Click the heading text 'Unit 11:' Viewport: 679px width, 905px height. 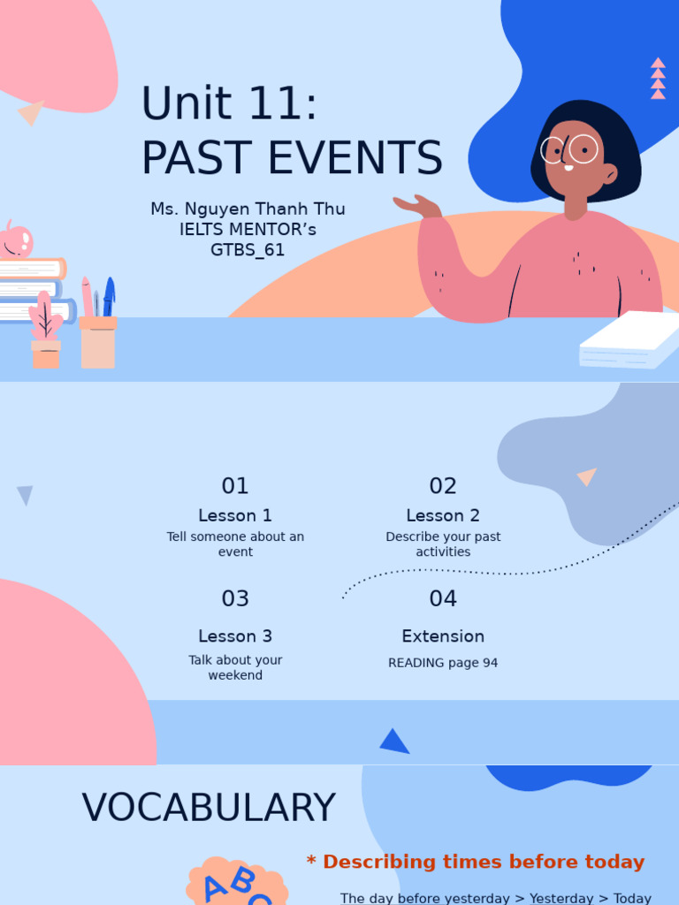[229, 104]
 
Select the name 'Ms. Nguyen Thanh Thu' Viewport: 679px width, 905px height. [248, 209]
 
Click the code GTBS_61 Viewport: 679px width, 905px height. [248, 250]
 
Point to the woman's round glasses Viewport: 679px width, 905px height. [570, 149]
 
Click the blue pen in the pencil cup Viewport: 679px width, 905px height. [109, 296]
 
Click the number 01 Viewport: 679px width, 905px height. [235, 486]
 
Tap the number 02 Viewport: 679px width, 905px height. [443, 486]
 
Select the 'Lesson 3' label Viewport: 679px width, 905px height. [235, 636]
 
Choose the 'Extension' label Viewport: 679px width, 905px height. [443, 636]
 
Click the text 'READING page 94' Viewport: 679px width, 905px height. [443, 663]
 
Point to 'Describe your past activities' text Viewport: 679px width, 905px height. [443, 544]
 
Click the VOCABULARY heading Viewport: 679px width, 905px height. [209, 808]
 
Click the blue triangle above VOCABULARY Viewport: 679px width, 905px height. [394, 741]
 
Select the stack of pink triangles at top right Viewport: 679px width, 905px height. [658, 79]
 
